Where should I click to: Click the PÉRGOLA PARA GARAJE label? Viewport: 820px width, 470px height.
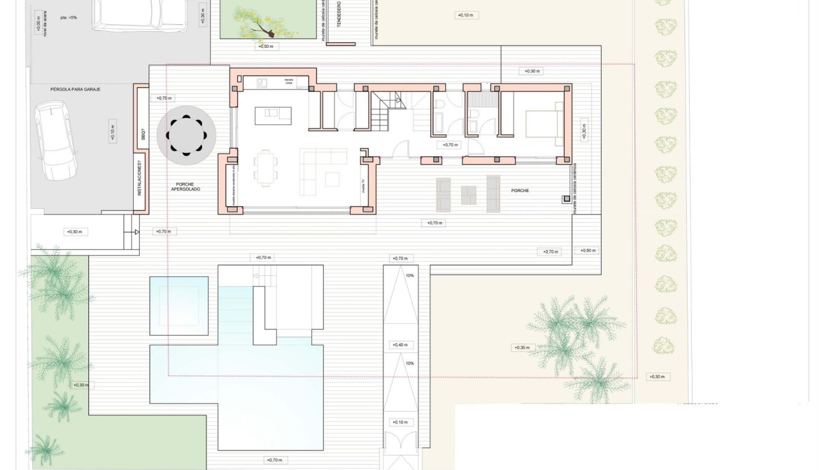pos(75,90)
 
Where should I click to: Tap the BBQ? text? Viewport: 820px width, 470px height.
pos(143,133)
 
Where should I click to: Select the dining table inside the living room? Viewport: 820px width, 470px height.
pos(265,168)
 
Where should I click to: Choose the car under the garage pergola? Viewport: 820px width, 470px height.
pos(55,140)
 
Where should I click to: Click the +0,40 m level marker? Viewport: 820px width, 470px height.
pos(400,345)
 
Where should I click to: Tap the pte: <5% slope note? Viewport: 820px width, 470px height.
pos(68,17)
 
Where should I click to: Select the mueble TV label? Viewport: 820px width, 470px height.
pos(363,185)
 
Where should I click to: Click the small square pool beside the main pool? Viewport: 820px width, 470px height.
pos(178,306)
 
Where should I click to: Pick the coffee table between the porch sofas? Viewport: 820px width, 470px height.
pos(468,195)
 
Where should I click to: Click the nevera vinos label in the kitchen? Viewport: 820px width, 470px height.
pos(288,81)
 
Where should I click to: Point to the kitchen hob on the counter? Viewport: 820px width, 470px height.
pos(262,82)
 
